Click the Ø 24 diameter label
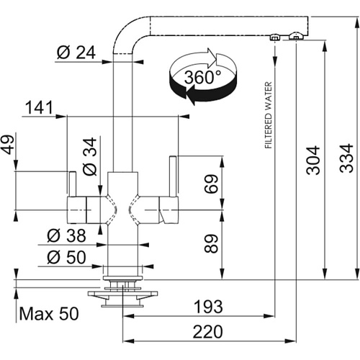pyautogui.click(x=76, y=52)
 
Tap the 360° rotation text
pyautogui.click(x=202, y=77)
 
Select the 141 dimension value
pyautogui.click(x=39, y=107)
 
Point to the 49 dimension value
pyautogui.click(x=8, y=145)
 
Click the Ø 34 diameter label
pyautogui.click(x=90, y=156)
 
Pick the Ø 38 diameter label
pyautogui.click(x=66, y=235)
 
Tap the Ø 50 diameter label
pyautogui.click(x=66, y=257)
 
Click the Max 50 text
pyautogui.click(x=49, y=313)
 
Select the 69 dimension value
pyautogui.click(x=211, y=184)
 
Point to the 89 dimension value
pyautogui.click(x=211, y=244)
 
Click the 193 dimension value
pyautogui.click(x=208, y=307)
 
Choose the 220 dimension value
pyautogui.click(x=208, y=332)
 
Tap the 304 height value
pyautogui.click(x=313, y=160)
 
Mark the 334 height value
pyautogui.click(x=346, y=158)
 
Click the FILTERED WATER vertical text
pyautogui.click(x=269, y=115)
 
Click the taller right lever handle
pyautogui.click(x=173, y=176)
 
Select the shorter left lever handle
pyautogui.click(x=73, y=184)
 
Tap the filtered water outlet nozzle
pyautogui.click(x=274, y=37)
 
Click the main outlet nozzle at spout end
pyautogui.click(x=296, y=35)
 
